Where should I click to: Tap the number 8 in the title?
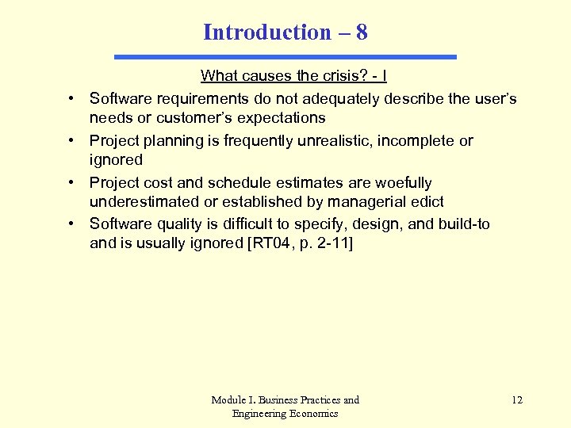[362, 32]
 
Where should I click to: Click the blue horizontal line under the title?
[285, 57]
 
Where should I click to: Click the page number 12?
[517, 399]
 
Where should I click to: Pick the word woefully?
[404, 183]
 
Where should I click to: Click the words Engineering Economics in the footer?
[285, 413]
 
